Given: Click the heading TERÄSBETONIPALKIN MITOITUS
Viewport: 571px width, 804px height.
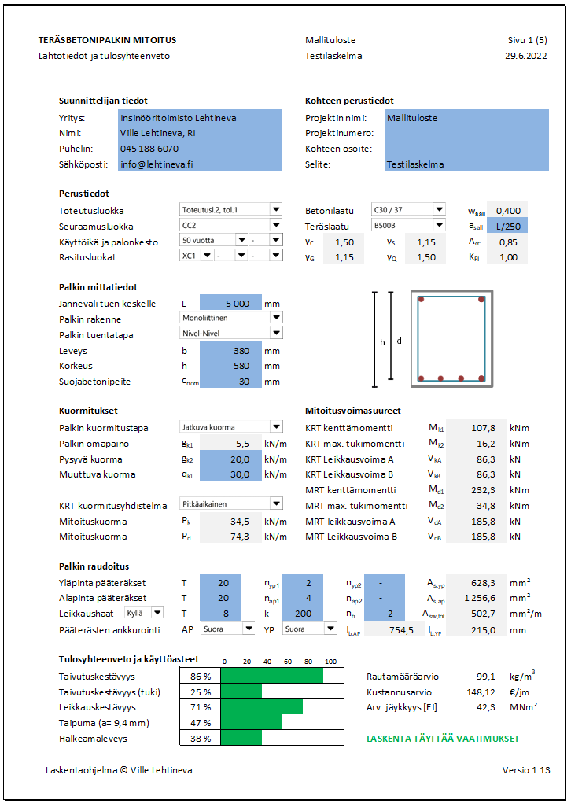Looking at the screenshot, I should [107, 39].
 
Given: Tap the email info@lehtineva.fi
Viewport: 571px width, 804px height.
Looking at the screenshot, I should [157, 164].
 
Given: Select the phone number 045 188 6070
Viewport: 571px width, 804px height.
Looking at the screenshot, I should [149, 149].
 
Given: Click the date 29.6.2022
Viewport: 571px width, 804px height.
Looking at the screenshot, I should [525, 56].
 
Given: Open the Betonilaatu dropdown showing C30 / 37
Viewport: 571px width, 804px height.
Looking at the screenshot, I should [408, 210].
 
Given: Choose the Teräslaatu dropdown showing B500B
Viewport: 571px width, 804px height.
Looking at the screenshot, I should [408, 226].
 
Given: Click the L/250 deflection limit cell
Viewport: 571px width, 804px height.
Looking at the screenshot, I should [508, 227].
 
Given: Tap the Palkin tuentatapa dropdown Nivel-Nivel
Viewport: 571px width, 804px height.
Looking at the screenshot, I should [230, 334].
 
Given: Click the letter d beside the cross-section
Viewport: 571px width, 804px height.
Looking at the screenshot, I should [399, 341].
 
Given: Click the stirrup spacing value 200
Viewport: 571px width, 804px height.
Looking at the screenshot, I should [302, 613].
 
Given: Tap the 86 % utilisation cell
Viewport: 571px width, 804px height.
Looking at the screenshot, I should [201, 676].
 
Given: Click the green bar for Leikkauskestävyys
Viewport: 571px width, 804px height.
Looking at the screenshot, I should [261, 707].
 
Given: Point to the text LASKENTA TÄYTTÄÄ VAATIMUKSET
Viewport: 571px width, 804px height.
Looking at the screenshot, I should [443, 739].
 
